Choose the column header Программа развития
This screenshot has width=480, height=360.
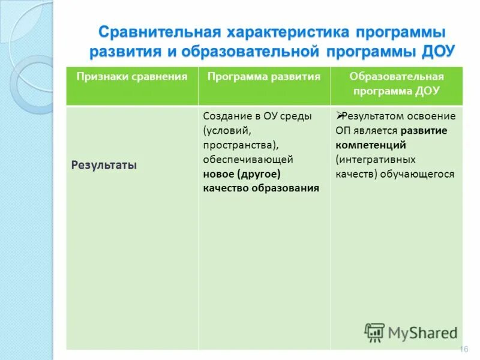click(x=264, y=77)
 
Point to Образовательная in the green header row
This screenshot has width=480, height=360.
click(x=397, y=77)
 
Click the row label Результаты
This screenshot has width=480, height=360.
click(x=104, y=164)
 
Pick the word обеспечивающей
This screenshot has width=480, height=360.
click(x=248, y=160)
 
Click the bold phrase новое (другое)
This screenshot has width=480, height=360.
click(x=241, y=174)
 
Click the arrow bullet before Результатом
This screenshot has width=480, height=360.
click(x=339, y=116)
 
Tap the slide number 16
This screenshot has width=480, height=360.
click(x=463, y=349)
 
